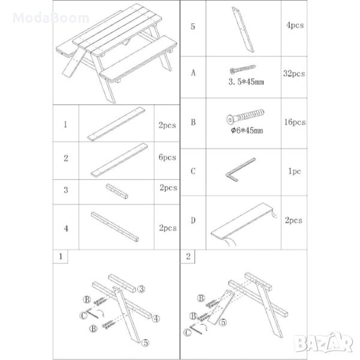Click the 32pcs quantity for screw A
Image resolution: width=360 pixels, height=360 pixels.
click(x=294, y=74)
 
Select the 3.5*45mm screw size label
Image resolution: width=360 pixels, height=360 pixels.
click(x=246, y=82)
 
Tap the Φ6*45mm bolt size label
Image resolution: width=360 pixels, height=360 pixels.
click(x=247, y=130)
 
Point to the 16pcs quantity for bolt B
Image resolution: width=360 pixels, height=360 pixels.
click(x=295, y=122)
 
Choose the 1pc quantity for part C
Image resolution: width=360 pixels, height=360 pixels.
click(x=295, y=171)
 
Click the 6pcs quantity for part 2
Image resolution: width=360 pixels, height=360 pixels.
click(x=167, y=157)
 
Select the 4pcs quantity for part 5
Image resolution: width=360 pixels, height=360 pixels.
click(x=295, y=25)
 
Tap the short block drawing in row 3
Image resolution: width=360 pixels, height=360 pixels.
click(x=117, y=191)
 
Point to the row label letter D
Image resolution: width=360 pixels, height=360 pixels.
click(x=193, y=220)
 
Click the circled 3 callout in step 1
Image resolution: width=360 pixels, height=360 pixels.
click(x=141, y=289)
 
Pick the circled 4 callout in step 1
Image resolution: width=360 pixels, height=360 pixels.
click(x=156, y=319)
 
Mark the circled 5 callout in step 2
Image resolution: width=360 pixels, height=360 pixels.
click(x=223, y=322)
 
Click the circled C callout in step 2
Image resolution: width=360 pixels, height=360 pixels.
click(x=188, y=332)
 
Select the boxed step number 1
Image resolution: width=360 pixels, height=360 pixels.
click(x=61, y=256)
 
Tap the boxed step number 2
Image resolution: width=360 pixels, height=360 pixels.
click(x=188, y=256)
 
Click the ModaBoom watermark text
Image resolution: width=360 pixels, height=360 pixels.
click(x=51, y=18)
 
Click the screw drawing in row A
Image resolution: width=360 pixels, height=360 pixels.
click(x=242, y=69)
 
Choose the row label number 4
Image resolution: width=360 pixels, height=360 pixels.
click(x=66, y=229)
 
